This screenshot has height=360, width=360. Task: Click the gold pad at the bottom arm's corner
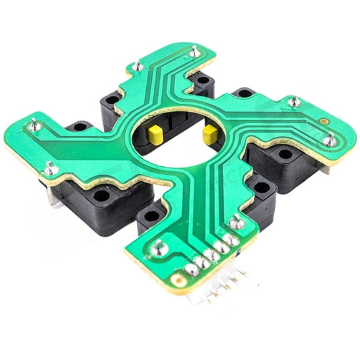click(180, 283)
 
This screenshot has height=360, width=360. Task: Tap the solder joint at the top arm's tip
click(196, 52)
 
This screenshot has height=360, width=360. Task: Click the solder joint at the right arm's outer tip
click(329, 141)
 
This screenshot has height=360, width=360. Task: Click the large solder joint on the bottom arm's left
click(158, 248)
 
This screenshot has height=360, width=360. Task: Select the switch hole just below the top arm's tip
click(202, 81)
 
